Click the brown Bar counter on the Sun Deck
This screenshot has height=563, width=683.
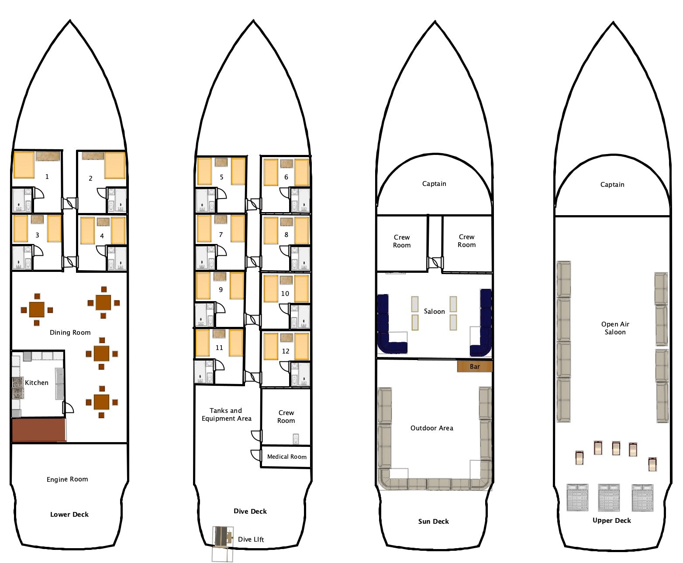click(475, 367)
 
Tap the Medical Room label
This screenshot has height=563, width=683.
click(287, 457)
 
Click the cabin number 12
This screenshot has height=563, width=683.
click(286, 351)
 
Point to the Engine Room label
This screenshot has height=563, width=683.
click(67, 479)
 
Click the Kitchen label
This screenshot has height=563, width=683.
click(37, 382)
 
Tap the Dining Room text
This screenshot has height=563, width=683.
click(70, 333)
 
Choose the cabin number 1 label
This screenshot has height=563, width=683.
click(47, 177)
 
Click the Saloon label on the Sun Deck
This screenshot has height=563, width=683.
click(435, 311)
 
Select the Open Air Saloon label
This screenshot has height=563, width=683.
click(615, 328)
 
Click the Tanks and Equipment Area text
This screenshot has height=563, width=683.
click(226, 414)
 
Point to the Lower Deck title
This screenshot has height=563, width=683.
click(69, 514)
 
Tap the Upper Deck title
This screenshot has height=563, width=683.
click(612, 521)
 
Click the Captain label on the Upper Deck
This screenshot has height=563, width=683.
click(612, 185)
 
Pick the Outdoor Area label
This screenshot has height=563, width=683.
click(432, 428)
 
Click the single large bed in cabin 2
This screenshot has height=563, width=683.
click(115, 165)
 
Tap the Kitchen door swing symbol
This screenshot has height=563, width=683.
click(69, 408)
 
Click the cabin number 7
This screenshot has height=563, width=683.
click(221, 235)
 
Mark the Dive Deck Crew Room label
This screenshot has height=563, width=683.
click(286, 416)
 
